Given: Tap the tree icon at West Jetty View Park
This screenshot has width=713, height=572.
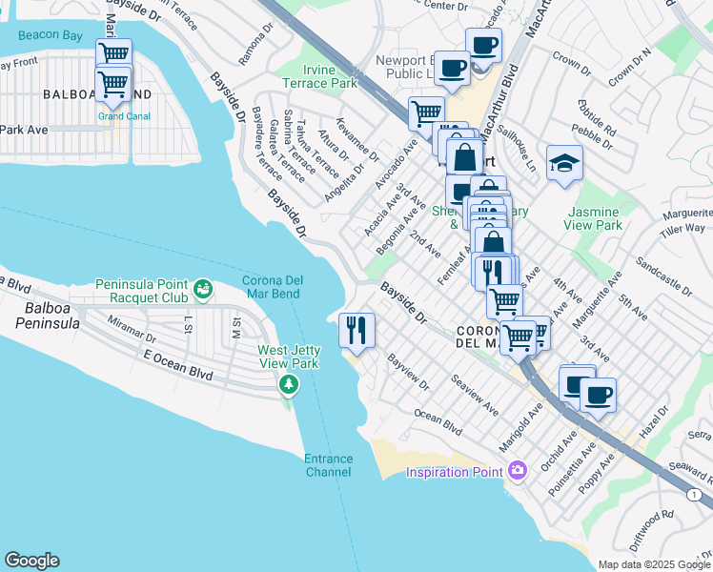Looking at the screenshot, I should coord(288,384).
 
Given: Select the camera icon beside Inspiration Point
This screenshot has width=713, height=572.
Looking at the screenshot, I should coord(518,470).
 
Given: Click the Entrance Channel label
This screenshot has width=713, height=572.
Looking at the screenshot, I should coord(328,465).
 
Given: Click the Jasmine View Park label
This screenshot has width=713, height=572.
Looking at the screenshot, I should coord(595,218).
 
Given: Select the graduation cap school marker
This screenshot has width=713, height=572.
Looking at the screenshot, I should coord(564,163).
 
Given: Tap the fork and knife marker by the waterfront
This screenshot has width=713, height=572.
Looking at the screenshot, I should coord(356,331).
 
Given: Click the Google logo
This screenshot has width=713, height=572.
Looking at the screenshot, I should coord(31,561).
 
